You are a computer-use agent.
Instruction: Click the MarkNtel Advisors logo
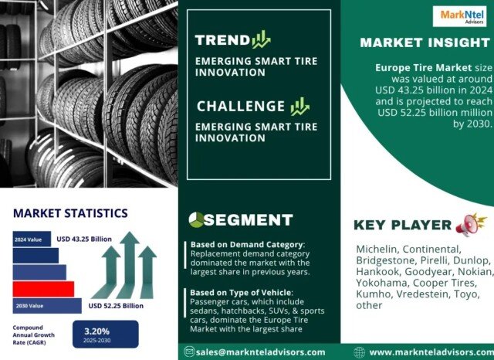click(459, 16)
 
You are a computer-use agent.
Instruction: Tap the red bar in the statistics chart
click(43, 289)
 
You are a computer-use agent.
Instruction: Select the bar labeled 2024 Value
click(32, 239)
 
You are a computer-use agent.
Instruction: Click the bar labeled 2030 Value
click(47, 306)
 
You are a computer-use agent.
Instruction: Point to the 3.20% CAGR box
click(106, 335)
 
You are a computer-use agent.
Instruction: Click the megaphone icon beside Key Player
click(471, 225)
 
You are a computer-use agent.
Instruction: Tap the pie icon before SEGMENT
click(196, 219)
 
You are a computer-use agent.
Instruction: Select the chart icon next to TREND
click(261, 39)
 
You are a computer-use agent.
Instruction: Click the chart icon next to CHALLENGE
click(300, 107)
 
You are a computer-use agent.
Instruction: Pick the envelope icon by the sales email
click(189, 352)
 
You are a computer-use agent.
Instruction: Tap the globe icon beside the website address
click(359, 352)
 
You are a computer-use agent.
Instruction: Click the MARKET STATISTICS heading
click(70, 213)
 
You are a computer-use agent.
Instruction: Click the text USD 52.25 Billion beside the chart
click(116, 306)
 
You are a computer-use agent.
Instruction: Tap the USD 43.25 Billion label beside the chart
click(84, 239)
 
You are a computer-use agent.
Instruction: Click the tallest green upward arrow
click(128, 265)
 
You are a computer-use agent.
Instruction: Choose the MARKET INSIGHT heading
click(425, 42)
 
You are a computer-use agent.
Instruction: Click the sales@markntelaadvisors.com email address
click(260, 352)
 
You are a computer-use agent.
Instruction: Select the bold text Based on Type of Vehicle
click(240, 293)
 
